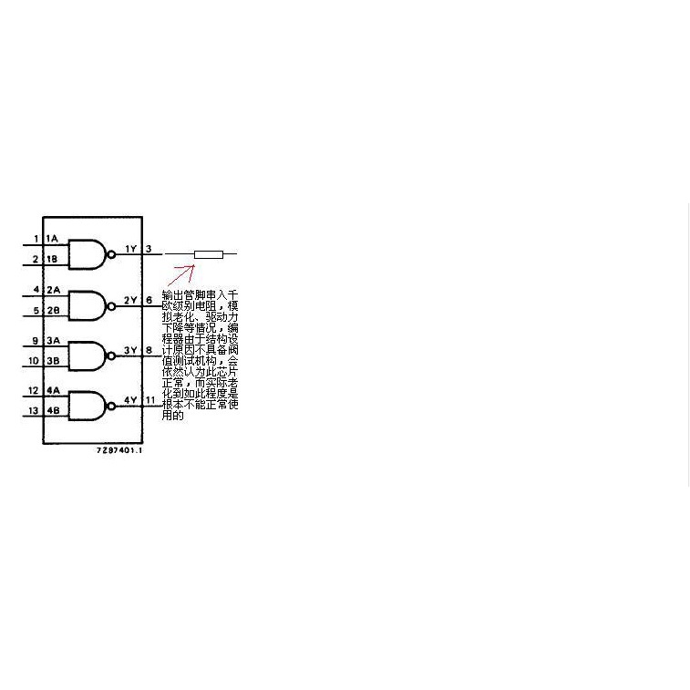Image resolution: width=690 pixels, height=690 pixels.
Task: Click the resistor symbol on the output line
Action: [209, 253]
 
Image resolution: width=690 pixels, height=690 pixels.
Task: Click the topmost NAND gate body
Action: [89, 253]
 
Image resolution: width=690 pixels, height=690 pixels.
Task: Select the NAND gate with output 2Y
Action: [89, 304]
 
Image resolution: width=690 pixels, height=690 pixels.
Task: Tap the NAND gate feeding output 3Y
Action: [89, 355]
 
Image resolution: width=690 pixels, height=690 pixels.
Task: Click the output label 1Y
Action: [130, 249]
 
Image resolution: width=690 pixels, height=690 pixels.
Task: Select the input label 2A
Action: [53, 291]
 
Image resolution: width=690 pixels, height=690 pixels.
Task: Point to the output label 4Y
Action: [130, 399]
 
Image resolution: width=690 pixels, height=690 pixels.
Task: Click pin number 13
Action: [34, 412]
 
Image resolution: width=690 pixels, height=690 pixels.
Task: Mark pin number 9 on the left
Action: [35, 341]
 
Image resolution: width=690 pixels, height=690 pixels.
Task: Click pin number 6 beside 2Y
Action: [149, 299]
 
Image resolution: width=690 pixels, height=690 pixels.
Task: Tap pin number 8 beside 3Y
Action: [149, 349]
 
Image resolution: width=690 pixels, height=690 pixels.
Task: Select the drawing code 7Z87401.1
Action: [119, 451]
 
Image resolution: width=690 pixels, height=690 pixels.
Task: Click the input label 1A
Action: [53, 240]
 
